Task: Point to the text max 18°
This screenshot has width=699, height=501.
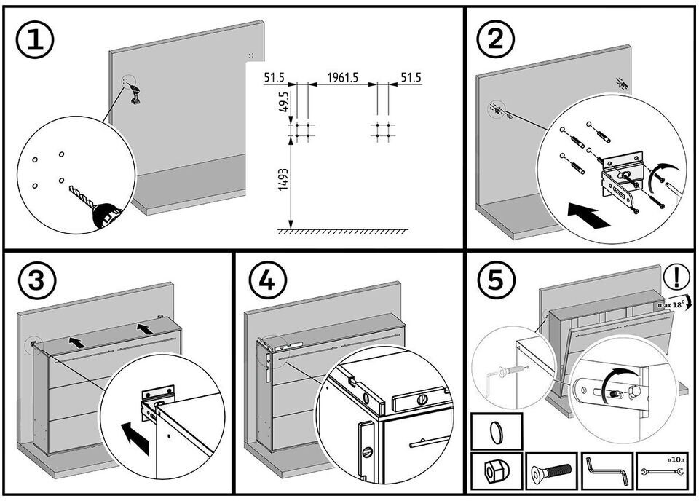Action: pyautogui.click(x=671, y=305)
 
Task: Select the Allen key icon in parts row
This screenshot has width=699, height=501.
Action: pyautogui.click(x=607, y=471)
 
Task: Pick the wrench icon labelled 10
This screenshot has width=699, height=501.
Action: pyautogui.click(x=663, y=473)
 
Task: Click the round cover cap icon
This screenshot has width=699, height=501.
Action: pyautogui.click(x=496, y=432)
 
